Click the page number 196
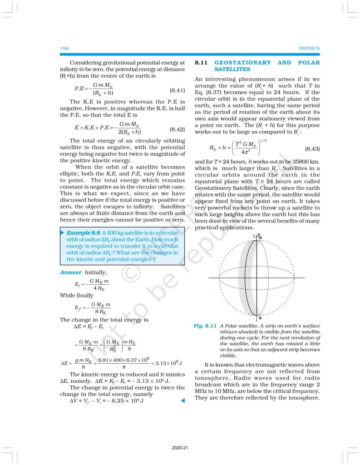pyautogui.click(x=64, y=48)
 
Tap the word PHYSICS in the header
pyautogui.click(x=310, y=48)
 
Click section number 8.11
pyautogui.click(x=201, y=63)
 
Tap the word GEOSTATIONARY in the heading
pyautogui.click(x=242, y=63)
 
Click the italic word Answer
pyautogui.click(x=71, y=272)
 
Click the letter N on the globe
pyautogui.click(x=260, y=238)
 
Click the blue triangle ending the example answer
pyautogui.click(x=182, y=401)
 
